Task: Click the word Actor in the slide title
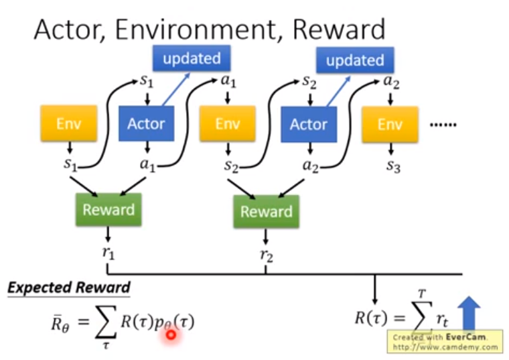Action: coord(66,29)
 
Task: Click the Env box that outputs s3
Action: coord(390,124)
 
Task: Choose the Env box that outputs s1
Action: coord(69,124)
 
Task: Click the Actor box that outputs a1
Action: coord(146,124)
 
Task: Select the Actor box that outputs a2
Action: coord(309,124)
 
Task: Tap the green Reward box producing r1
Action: coord(108,210)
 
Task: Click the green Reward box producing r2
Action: coord(267,213)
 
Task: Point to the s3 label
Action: coord(392,166)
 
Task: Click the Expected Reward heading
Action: coord(69,288)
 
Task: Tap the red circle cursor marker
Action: coord(171,334)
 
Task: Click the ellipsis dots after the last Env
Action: coord(441,124)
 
